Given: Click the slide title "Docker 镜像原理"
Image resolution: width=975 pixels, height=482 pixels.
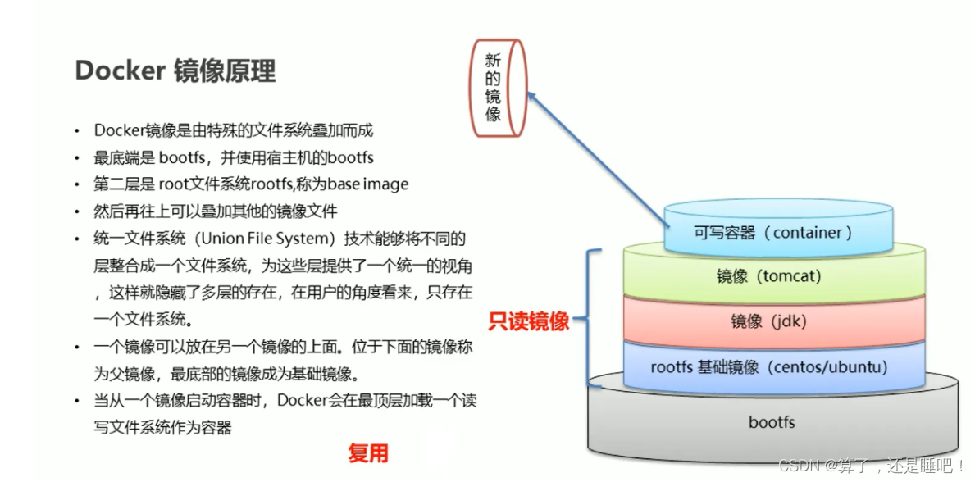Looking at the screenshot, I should pyautogui.click(x=175, y=71).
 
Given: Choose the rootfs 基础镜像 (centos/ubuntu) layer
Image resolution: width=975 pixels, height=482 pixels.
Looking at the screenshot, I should pyautogui.click(x=768, y=366).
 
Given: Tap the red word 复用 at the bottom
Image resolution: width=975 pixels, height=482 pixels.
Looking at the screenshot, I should pyautogui.click(x=367, y=453).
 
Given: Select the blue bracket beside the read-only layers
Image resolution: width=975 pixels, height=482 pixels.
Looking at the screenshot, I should pyautogui.click(x=590, y=318).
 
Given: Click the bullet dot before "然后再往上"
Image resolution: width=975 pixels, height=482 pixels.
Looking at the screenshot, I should pyautogui.click(x=78, y=211).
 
